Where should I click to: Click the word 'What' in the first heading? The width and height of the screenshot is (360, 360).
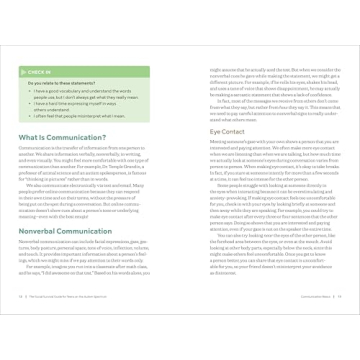[x=31, y=136]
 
